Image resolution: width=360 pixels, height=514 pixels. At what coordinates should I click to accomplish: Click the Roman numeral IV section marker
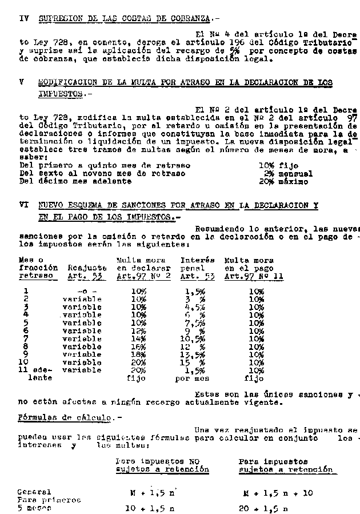click(23, 18)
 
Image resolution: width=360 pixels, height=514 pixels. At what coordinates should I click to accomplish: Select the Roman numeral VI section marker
click(23, 205)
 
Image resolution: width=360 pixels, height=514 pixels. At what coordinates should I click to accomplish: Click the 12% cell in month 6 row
click(139, 330)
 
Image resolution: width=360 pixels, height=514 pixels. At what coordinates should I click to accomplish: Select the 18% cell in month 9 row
click(139, 354)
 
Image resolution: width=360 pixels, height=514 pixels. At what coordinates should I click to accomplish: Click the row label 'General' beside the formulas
click(34, 492)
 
